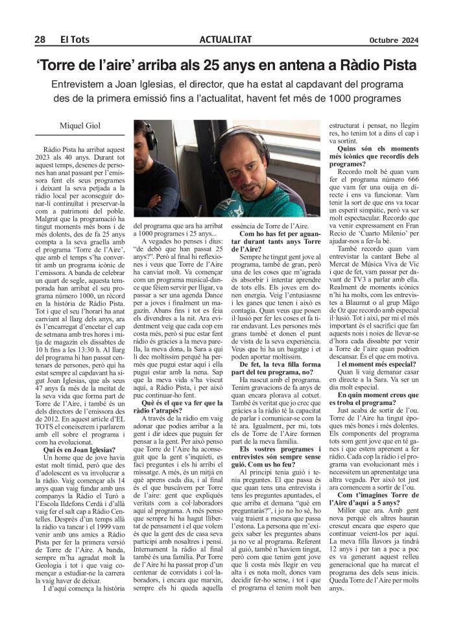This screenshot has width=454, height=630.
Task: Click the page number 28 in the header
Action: coord(40,40)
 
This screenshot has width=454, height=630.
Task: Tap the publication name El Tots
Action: coord(74,40)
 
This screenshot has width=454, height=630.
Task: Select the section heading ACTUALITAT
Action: coord(226,40)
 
